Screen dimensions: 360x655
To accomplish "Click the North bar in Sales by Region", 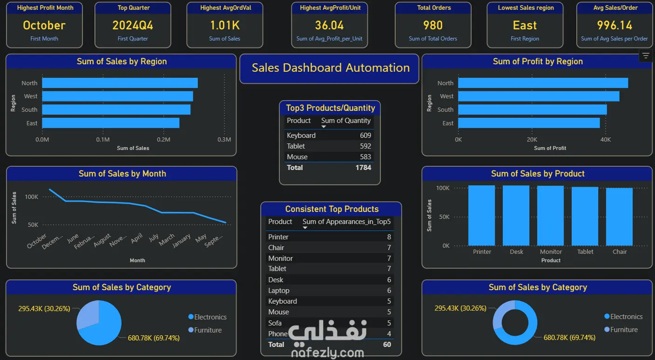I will (120, 83).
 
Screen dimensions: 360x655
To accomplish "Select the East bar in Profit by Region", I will (529, 123).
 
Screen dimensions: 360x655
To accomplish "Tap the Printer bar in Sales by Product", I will (481, 215).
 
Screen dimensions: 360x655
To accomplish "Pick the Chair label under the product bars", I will (620, 252).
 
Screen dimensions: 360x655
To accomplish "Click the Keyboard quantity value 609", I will (365, 136).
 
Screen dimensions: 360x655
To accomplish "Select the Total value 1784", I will (363, 168).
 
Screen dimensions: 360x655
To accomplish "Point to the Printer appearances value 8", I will (389, 237).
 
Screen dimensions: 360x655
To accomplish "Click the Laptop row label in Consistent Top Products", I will (279, 291).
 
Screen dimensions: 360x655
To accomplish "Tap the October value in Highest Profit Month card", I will (44, 25).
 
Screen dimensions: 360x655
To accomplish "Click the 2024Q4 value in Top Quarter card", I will (133, 25).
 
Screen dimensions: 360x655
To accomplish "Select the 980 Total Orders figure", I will (432, 25).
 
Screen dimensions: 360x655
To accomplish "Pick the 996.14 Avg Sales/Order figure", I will (614, 25).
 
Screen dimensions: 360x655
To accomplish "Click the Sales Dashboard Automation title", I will (331, 68).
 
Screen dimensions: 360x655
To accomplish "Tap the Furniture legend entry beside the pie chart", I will (208, 330).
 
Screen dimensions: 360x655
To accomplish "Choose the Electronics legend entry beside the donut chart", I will (626, 317).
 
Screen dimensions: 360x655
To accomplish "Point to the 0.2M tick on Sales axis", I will (163, 140).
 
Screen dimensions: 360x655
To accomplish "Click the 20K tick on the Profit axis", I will (532, 140).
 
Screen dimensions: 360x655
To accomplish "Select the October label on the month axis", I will (37, 241).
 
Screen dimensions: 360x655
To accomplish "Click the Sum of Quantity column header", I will (346, 121).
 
